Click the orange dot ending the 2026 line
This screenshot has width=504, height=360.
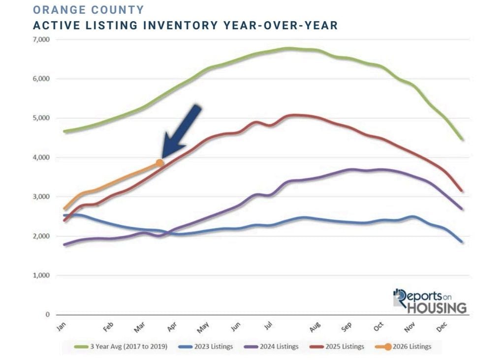(160, 163)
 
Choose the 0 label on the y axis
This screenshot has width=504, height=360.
(47, 315)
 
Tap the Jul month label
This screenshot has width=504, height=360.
(268, 326)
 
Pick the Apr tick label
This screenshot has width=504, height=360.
(172, 327)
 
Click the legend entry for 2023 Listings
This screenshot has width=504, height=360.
(210, 347)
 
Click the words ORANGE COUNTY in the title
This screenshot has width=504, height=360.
(89, 10)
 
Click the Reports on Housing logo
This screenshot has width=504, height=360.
(429, 300)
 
